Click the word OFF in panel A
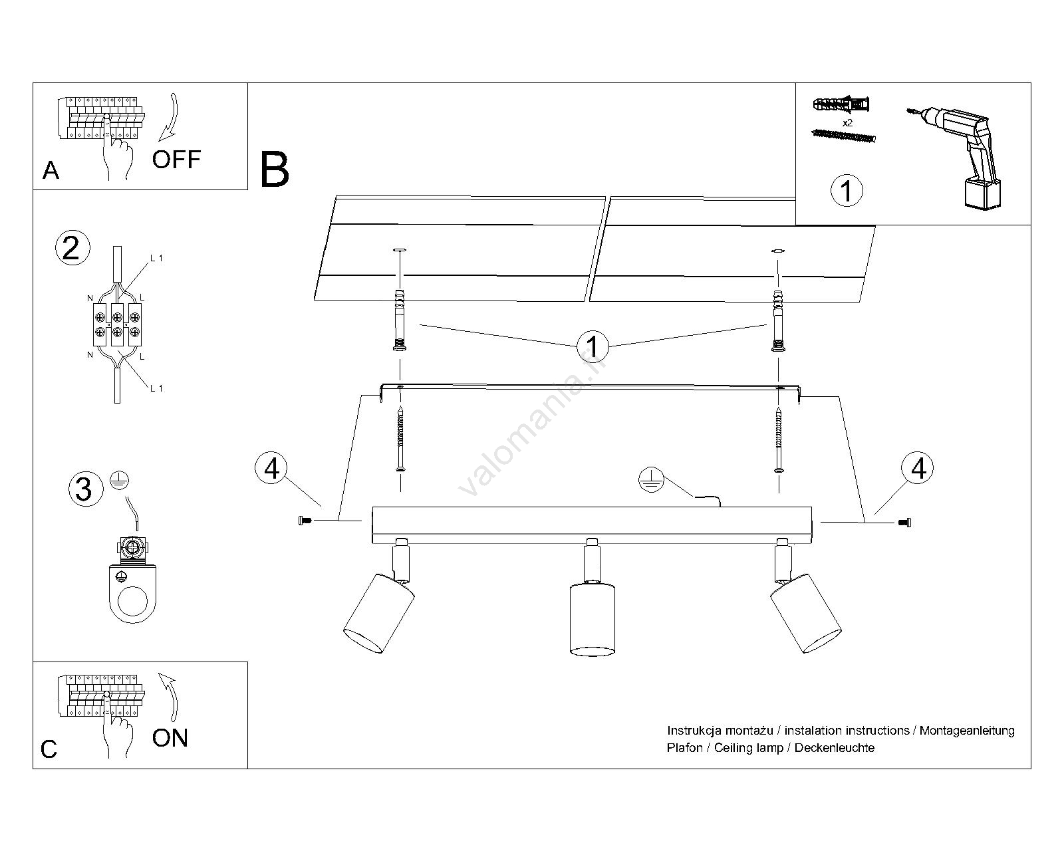tap(176, 160)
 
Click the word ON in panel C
tap(170, 738)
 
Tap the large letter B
tap(275, 170)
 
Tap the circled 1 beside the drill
tap(847, 191)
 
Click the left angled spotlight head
tap(378, 612)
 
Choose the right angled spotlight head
tap(805, 612)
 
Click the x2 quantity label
tap(847, 123)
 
